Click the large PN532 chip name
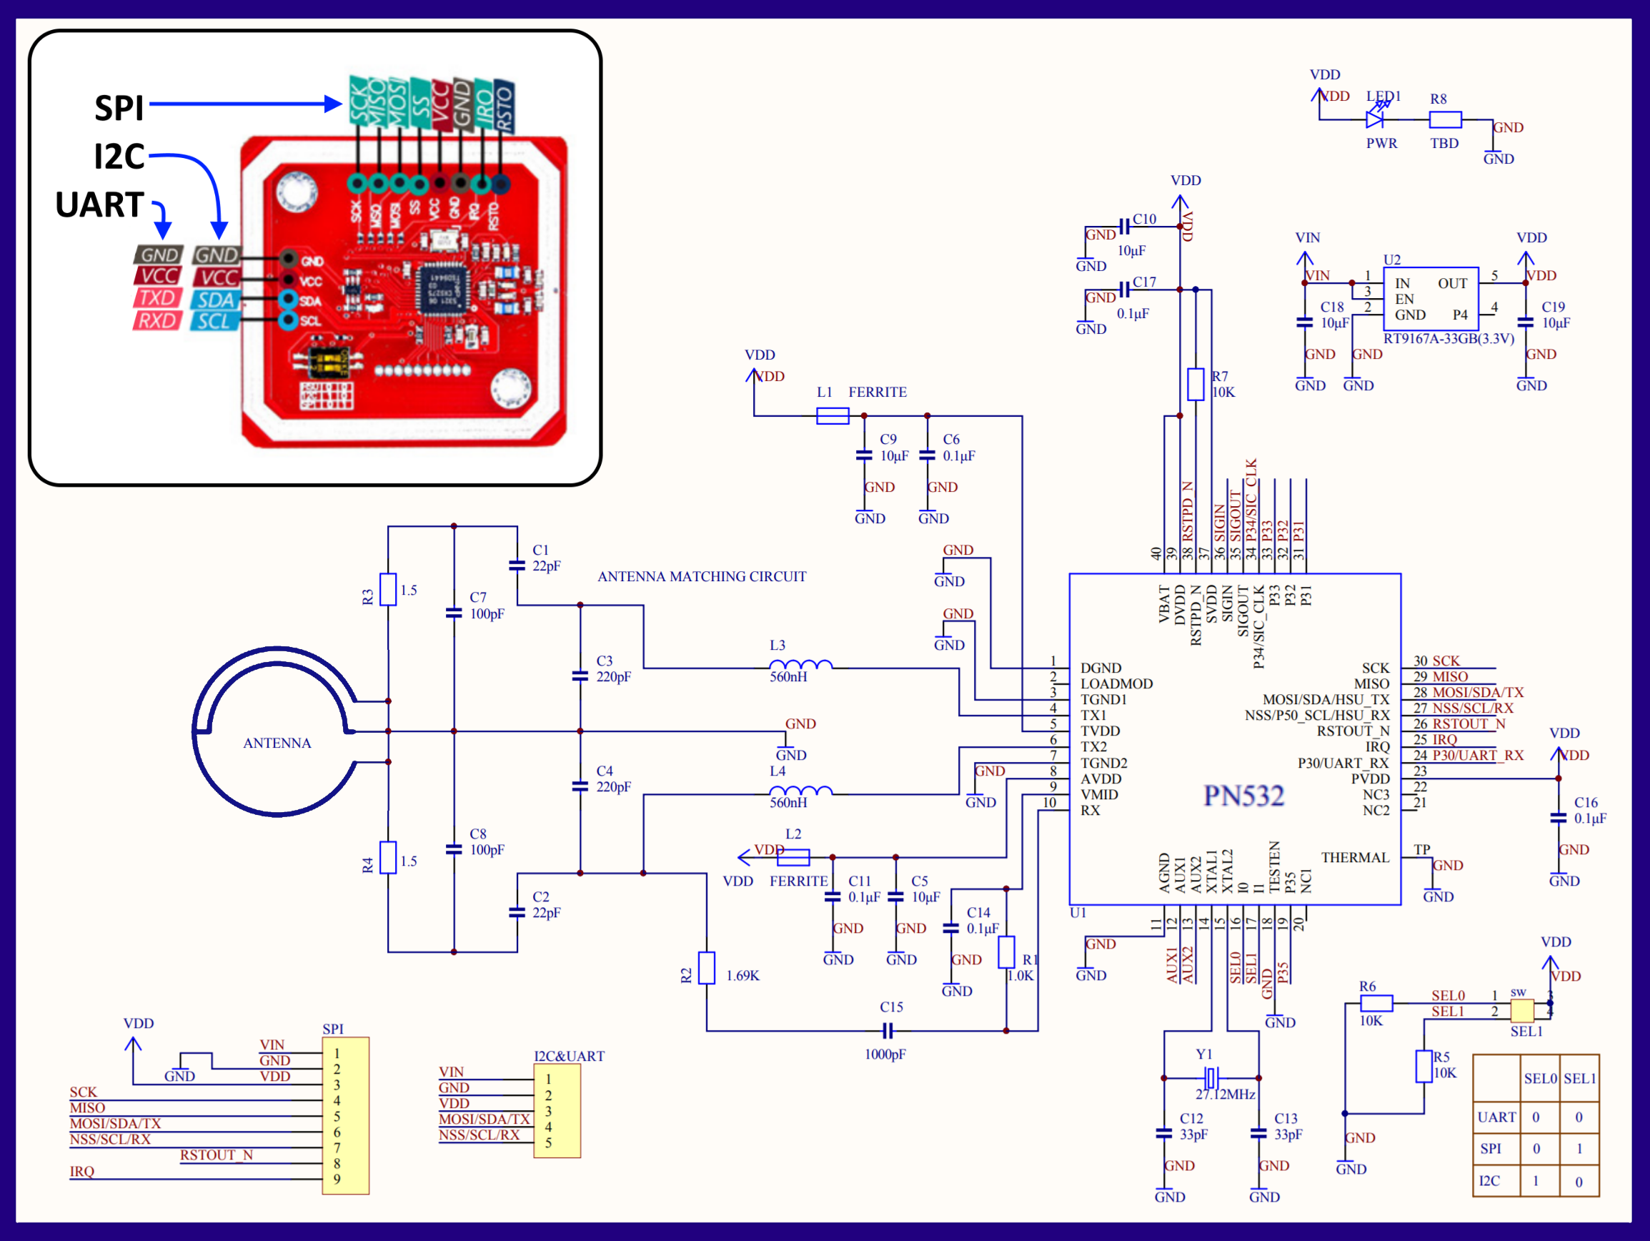1243,796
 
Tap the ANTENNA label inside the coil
277,743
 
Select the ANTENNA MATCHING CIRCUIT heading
701,577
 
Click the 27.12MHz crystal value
1225,1094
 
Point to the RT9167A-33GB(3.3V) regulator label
1448,339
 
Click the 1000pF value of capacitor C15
885,1054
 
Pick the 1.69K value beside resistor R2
742,976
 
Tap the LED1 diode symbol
1375,118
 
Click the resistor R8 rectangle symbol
1445,119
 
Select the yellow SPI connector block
345,1116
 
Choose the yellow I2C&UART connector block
557,1111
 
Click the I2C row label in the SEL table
1490,1180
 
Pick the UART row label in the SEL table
1496,1117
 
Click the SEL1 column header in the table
1579,1079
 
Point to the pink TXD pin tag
157,299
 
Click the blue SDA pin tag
216,300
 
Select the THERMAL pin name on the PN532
1355,858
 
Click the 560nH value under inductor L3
787,678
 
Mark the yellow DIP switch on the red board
329,362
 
